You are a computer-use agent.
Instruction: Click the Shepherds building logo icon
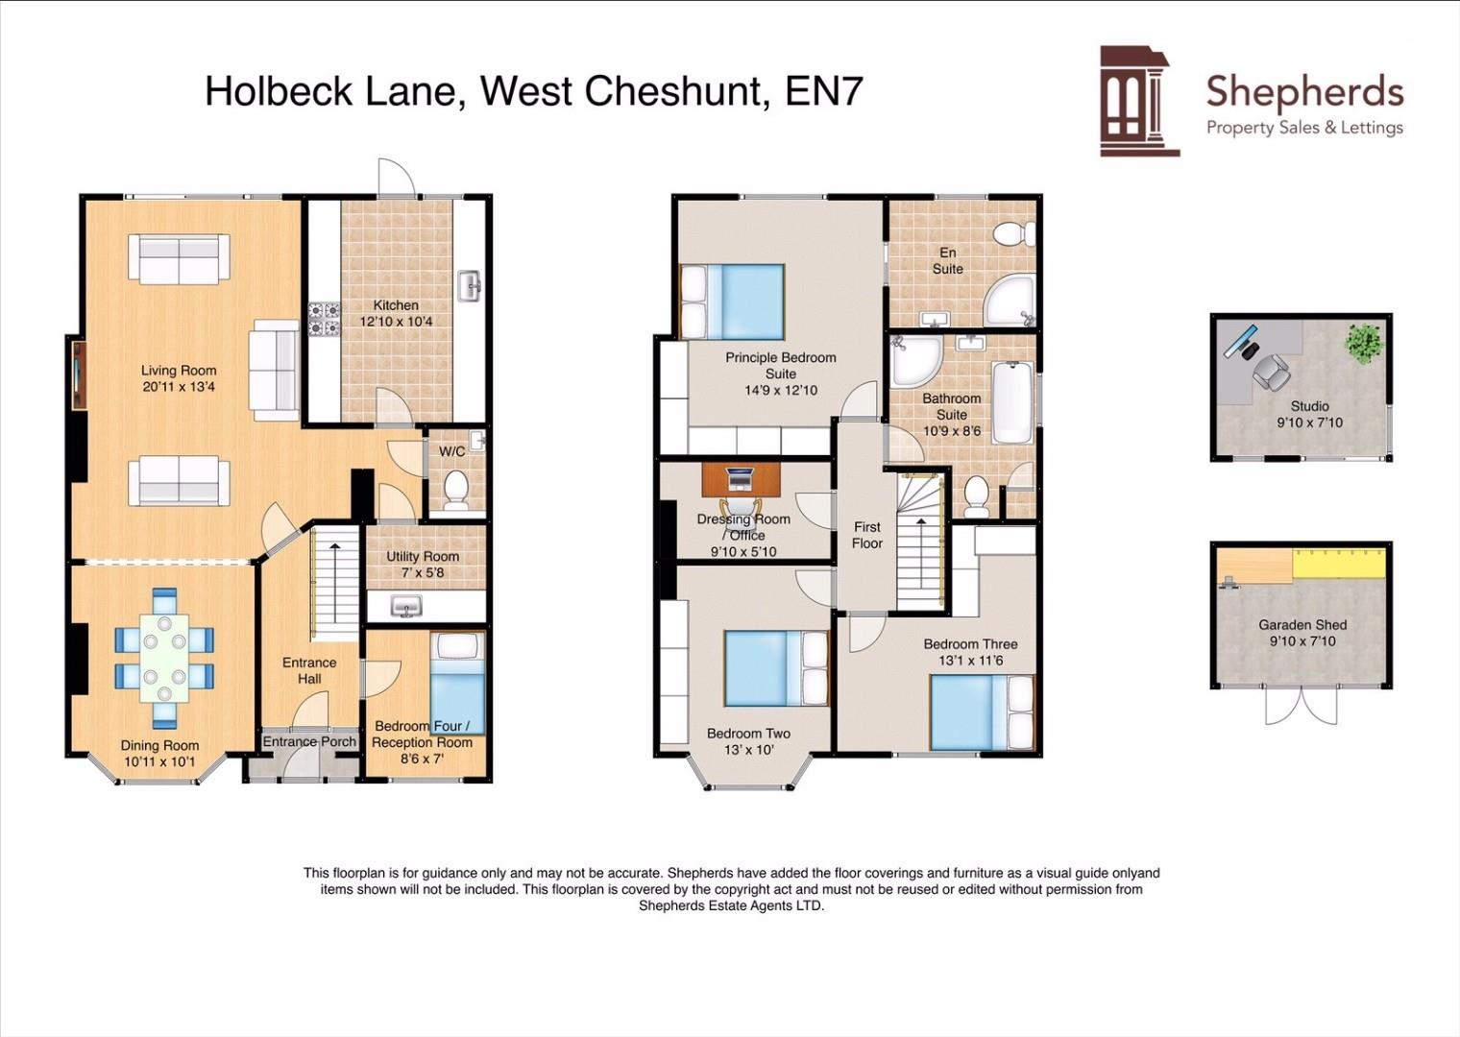1138,101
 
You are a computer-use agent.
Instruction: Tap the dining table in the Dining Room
164,658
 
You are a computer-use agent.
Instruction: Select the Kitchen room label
396,305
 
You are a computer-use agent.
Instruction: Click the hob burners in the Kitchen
324,320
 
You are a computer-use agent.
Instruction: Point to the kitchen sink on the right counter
470,286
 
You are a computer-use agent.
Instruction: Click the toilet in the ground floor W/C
455,490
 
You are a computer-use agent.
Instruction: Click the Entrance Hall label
309,670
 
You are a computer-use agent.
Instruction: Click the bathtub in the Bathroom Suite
1011,401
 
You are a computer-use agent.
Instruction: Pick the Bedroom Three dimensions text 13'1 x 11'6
970,661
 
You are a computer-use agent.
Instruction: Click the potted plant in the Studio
1364,343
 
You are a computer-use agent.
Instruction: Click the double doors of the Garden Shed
1302,706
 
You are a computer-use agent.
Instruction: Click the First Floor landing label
866,535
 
